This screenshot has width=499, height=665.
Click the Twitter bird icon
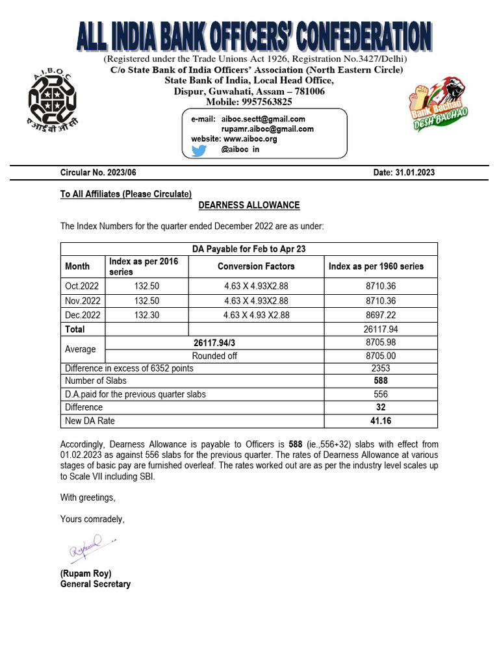199,150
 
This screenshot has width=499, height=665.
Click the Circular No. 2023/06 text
98,173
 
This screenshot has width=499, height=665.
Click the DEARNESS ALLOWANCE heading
249,205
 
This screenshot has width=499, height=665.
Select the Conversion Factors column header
256,266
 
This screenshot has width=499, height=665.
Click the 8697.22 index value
381,315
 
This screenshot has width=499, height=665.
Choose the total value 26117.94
381,329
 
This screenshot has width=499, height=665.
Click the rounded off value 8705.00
381,355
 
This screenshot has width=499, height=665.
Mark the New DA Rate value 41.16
381,421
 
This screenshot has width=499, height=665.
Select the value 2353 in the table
381,368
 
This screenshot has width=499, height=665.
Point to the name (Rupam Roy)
85,573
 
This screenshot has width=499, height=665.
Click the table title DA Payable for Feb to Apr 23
249,249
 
